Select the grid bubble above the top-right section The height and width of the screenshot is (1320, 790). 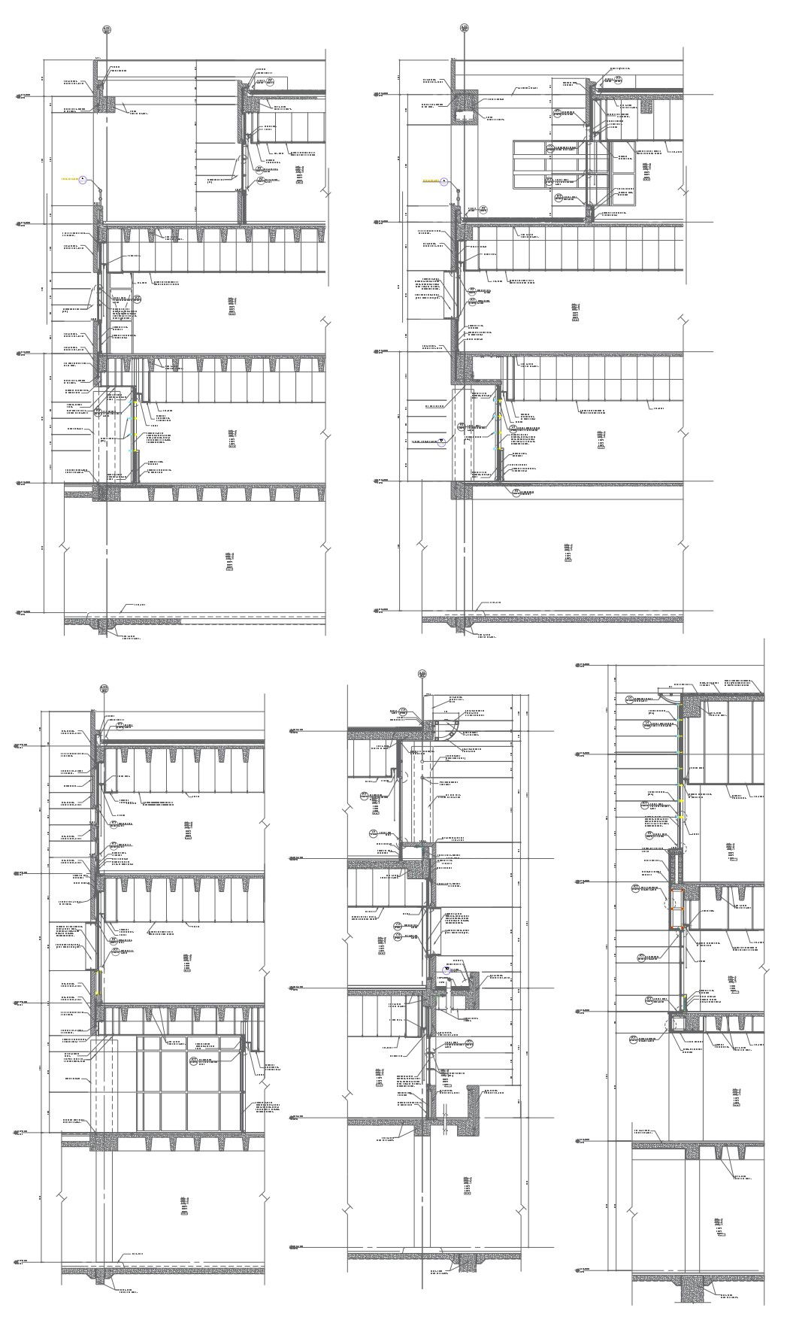[x=465, y=29]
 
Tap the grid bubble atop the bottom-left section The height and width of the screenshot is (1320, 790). [x=104, y=687]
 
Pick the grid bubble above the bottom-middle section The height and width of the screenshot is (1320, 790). [x=422, y=673]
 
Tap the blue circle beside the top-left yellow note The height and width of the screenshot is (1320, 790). [x=83, y=181]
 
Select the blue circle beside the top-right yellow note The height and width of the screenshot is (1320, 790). [x=444, y=181]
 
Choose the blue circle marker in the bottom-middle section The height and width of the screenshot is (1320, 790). [x=446, y=970]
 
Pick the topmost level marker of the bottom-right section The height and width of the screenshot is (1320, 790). [x=581, y=665]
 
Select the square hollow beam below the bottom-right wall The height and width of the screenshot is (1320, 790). [x=678, y=1022]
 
